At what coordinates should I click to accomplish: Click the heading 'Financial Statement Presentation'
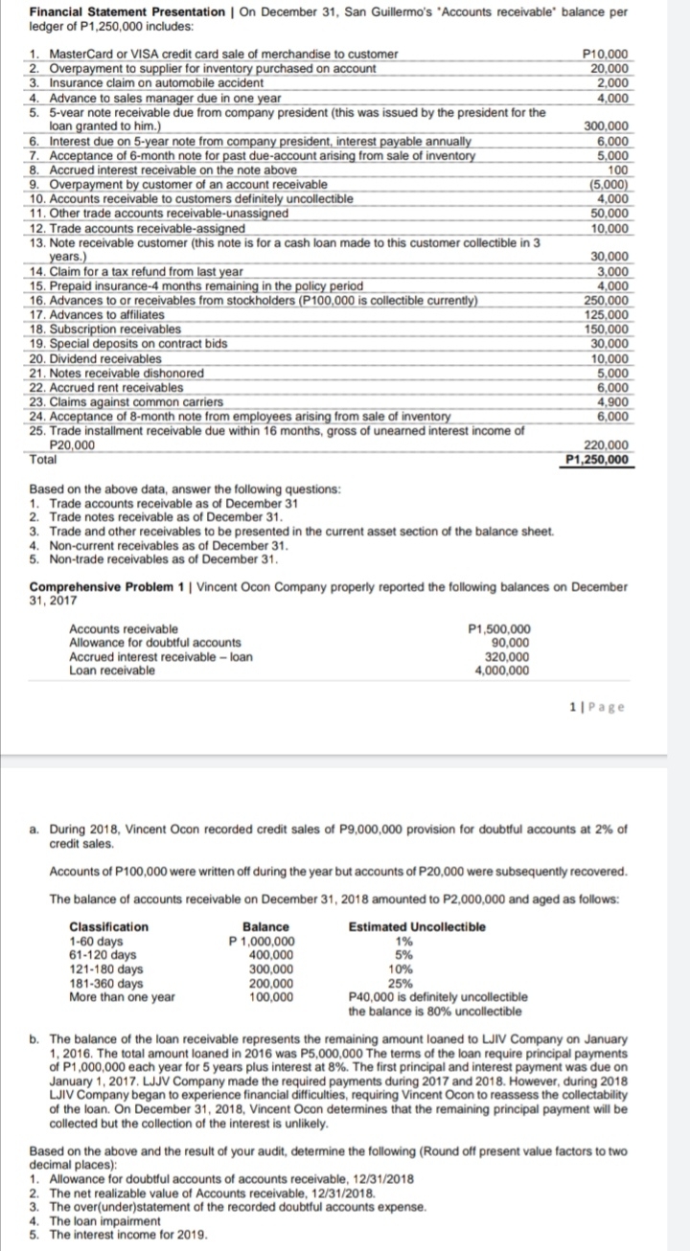(111, 11)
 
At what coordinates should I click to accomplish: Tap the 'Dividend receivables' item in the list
(92, 358)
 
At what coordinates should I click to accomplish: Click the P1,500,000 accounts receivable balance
(497, 628)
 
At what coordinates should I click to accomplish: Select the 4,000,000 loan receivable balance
(501, 671)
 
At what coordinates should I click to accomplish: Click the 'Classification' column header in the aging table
(108, 926)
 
